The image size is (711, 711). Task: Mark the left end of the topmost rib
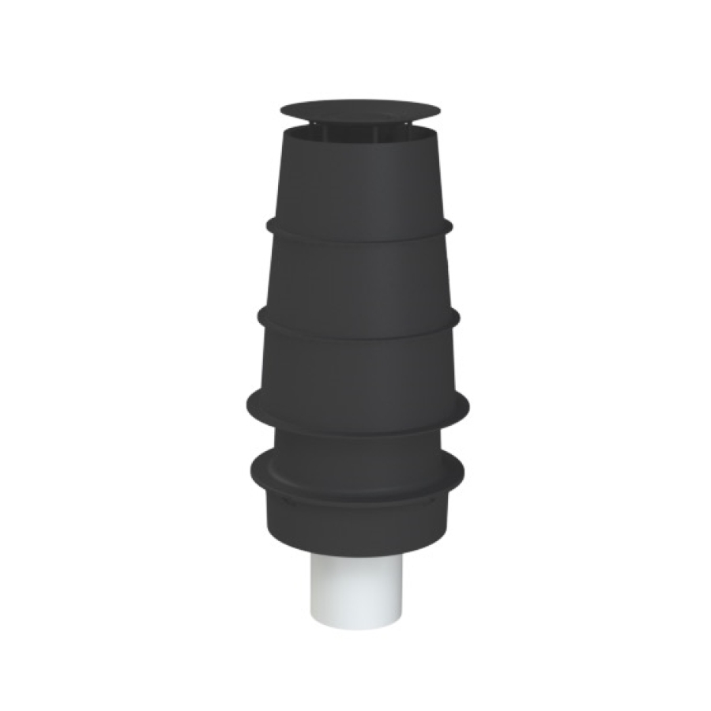click(269, 224)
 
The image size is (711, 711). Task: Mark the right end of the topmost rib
click(450, 224)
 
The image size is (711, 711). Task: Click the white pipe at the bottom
click(357, 585)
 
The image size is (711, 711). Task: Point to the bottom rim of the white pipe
click(357, 620)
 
